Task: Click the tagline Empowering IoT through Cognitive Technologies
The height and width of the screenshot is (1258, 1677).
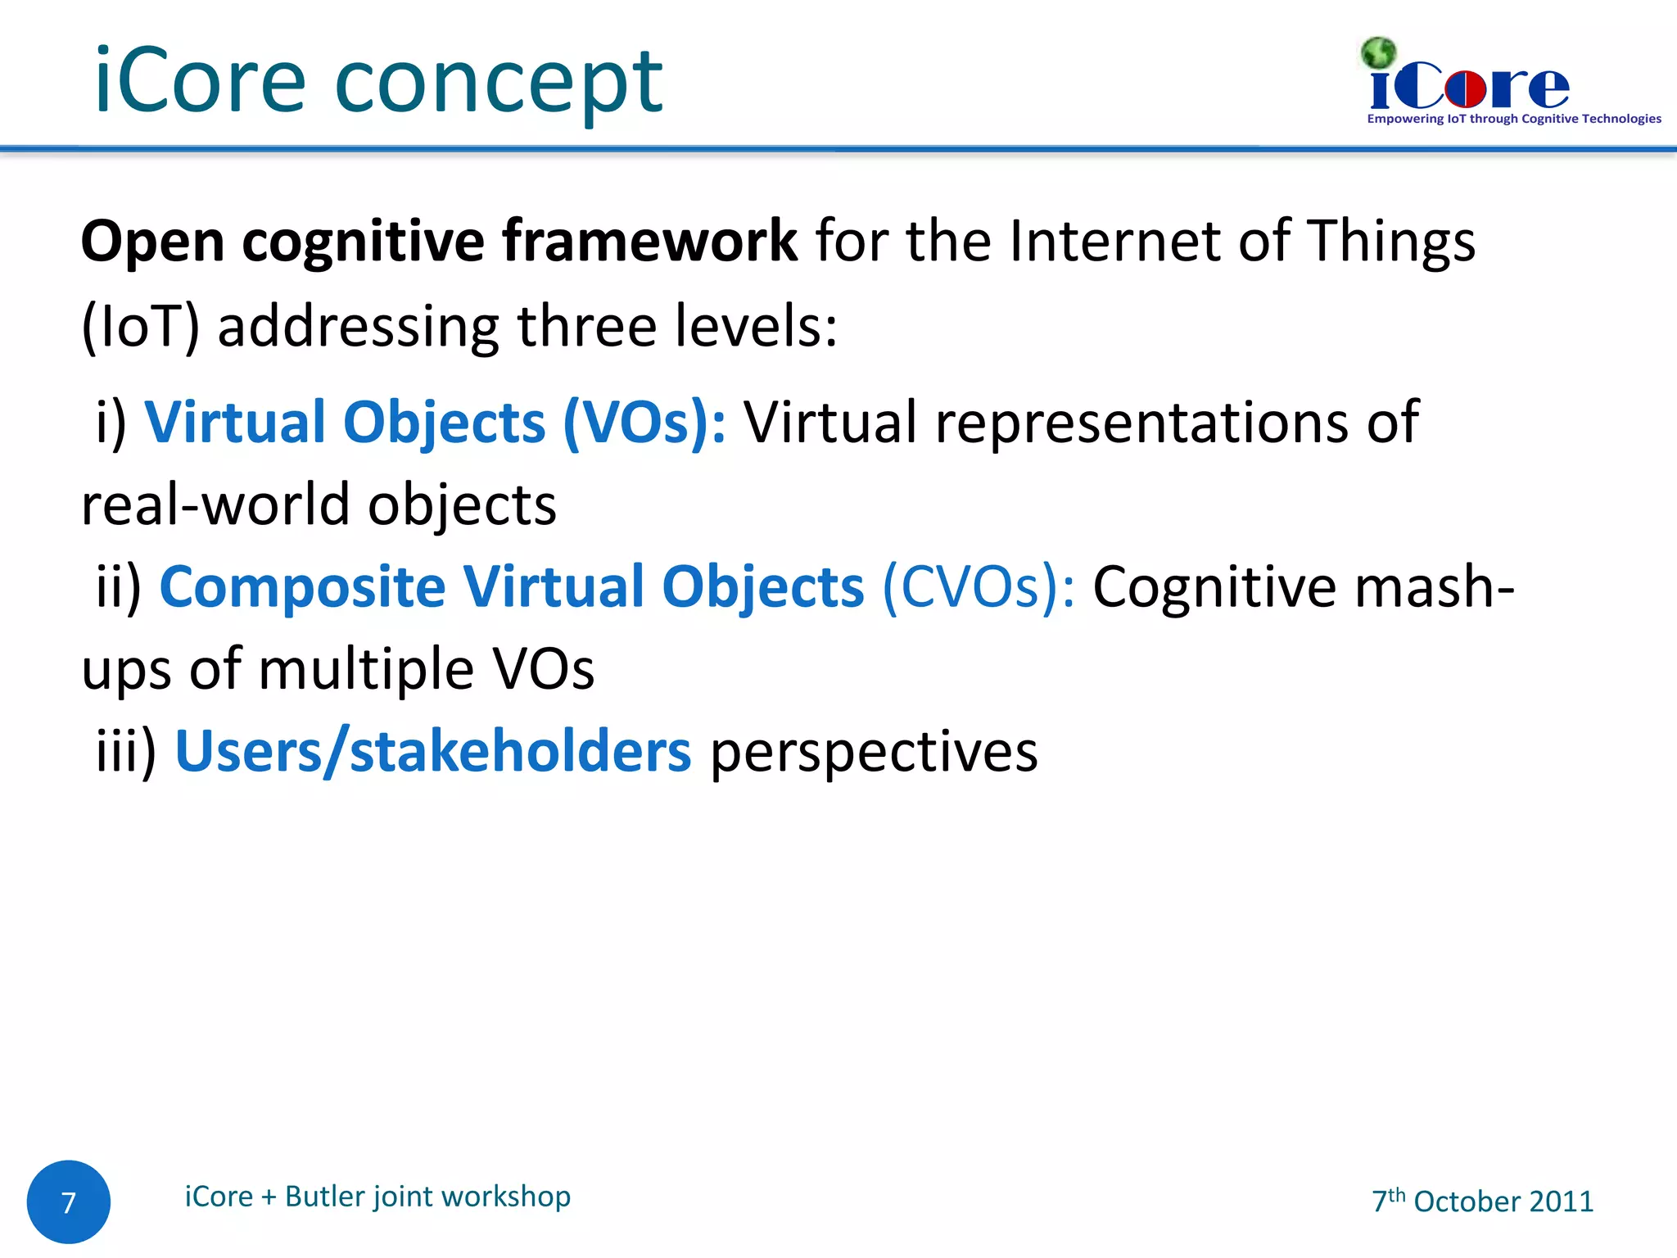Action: pyautogui.click(x=1513, y=120)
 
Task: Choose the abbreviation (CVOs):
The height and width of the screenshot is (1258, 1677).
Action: pyautogui.click(x=978, y=588)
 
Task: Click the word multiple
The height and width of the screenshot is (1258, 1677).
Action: pyautogui.click(x=366, y=670)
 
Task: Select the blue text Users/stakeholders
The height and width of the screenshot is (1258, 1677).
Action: pyautogui.click(x=433, y=752)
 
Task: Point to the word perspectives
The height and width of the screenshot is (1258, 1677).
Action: pyautogui.click(x=874, y=752)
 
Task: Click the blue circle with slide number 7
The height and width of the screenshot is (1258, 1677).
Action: pyautogui.click(x=69, y=1201)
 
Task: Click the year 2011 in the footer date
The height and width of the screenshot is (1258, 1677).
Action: pyautogui.click(x=1561, y=1201)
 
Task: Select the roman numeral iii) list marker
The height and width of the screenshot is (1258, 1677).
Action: pyautogui.click(x=125, y=752)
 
